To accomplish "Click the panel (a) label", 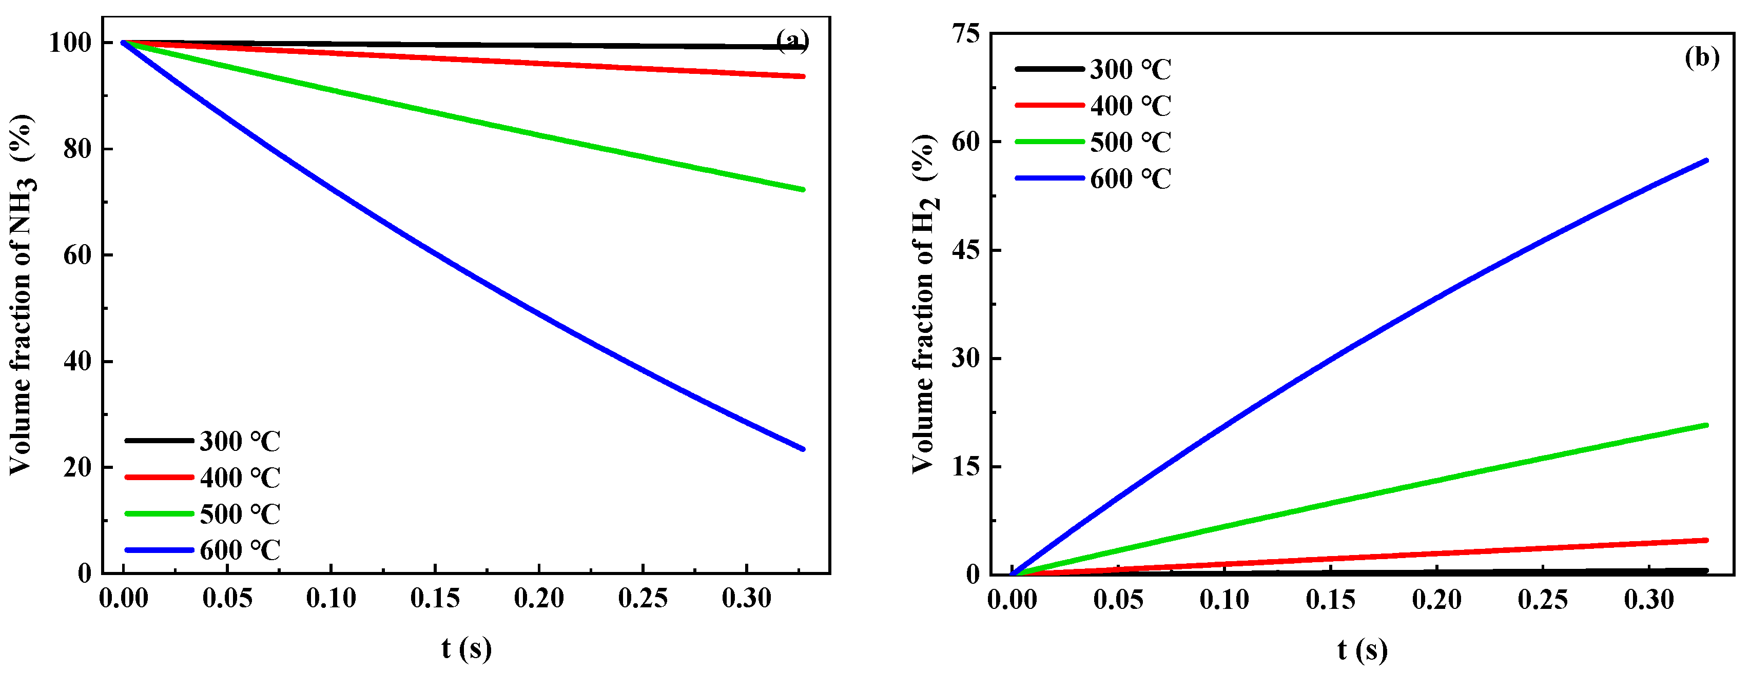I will coord(792,42).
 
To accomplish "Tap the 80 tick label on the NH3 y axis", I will coord(77,149).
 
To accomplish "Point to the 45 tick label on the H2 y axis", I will coord(966,250).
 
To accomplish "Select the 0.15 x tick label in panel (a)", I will coord(435,598).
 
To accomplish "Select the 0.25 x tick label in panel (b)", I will coord(1543,600).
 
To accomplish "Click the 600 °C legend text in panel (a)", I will coord(240,550).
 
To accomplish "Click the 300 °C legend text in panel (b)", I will coord(1131,69).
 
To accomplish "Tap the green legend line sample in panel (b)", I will coord(1049,142).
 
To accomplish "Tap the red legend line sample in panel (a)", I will coord(159,478).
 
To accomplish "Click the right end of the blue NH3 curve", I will coord(803,449).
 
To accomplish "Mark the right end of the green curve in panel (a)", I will coord(803,189).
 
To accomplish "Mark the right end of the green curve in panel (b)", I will coord(1706,425).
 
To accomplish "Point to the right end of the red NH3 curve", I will coord(803,77).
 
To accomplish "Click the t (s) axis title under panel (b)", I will coord(1362,650).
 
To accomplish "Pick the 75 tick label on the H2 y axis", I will coord(966,33).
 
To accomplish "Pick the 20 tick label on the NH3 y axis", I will coord(77,467).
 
